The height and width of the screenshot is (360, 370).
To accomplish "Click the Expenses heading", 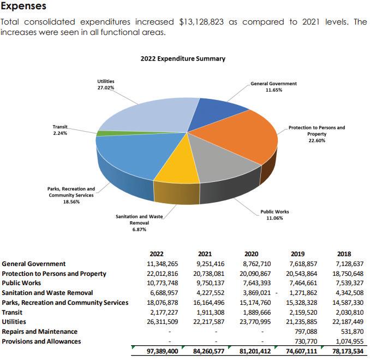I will click(23, 7).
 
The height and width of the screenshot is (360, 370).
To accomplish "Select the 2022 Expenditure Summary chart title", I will click(183, 59).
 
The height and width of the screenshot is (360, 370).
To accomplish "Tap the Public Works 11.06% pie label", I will click(274, 215).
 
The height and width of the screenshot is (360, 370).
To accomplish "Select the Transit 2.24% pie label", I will click(60, 130).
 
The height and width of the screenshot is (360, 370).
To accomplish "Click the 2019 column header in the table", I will click(298, 253).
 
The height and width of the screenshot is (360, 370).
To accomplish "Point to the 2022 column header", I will click(156, 253).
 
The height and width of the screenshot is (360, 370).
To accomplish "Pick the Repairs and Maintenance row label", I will click(40, 332).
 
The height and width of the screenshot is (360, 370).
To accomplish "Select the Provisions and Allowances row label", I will click(41, 341).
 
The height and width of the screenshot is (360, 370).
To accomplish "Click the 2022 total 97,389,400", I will click(162, 351).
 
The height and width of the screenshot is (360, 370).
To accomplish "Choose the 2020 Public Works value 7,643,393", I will click(255, 283).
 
